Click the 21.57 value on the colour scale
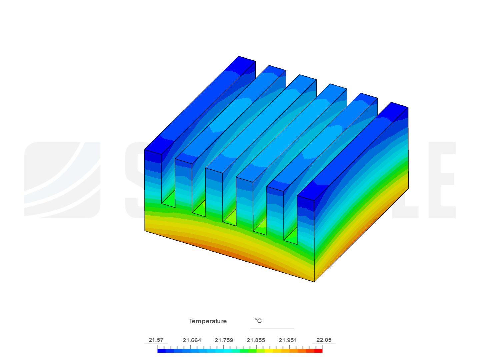(156, 340)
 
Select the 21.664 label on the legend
(192, 340)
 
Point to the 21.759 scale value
(224, 340)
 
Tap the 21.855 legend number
(256, 340)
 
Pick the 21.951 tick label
(288, 340)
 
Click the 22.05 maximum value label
(324, 340)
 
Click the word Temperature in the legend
(208, 321)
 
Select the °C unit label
(258, 321)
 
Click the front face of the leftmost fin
(153, 177)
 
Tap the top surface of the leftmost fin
(200, 103)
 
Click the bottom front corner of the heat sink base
(314, 281)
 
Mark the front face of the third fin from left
(214, 193)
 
